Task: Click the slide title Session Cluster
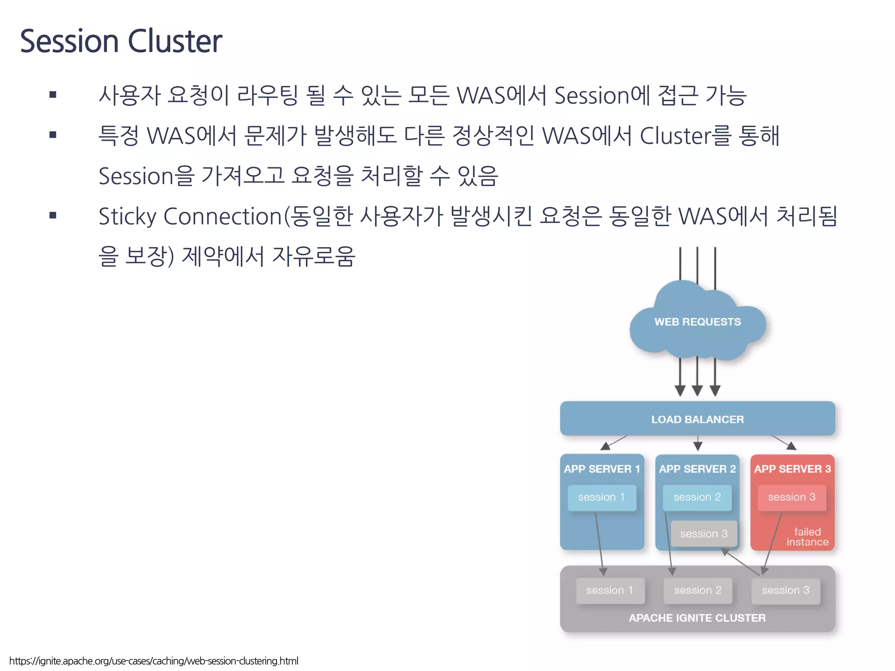click(x=121, y=41)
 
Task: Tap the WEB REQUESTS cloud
click(x=697, y=322)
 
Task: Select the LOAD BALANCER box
click(x=697, y=419)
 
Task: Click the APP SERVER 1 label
click(x=602, y=469)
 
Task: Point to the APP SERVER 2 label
click(x=697, y=469)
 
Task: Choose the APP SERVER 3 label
click(x=792, y=469)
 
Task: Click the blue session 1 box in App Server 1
click(x=602, y=497)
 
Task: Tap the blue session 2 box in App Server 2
click(x=697, y=497)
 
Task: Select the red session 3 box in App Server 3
click(x=792, y=497)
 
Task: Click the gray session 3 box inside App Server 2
click(x=704, y=534)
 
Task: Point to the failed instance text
click(x=807, y=537)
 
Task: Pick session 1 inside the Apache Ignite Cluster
click(x=610, y=590)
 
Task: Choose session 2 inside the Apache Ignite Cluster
click(x=697, y=590)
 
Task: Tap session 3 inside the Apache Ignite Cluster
click(x=786, y=590)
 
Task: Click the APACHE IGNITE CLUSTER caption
click(x=697, y=618)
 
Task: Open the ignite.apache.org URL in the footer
click(x=154, y=661)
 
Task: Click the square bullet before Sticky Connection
click(x=53, y=215)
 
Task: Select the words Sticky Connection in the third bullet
click(x=190, y=216)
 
